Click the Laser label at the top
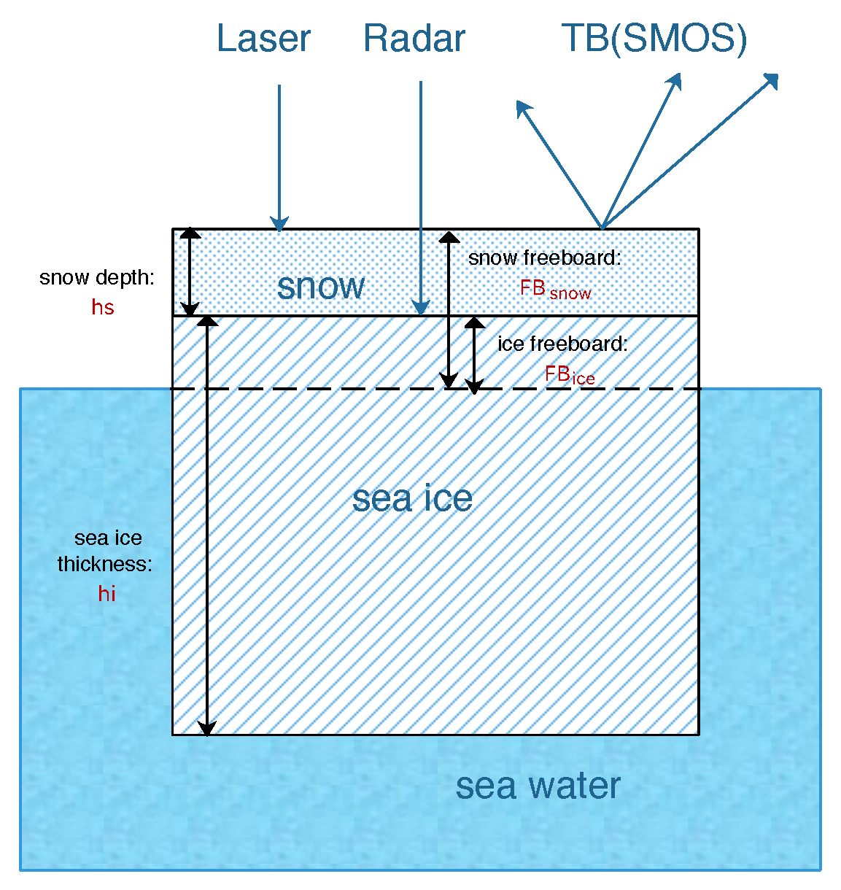coord(263,39)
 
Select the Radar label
coord(414,39)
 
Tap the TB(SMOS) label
coord(654,39)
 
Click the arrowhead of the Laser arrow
coord(279,223)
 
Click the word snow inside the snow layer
coord(321,285)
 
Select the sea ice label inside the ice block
coord(412,498)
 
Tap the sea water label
coord(538,786)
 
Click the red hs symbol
coord(103,307)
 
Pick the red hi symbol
coord(106,594)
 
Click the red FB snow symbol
coord(555,290)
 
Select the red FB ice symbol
coord(570,376)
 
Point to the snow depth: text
coord(97,277)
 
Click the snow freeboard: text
coord(544,258)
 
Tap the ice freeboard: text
coord(562,344)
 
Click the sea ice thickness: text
coord(106,551)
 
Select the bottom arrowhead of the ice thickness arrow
coord(207,729)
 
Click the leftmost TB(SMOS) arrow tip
coord(519,104)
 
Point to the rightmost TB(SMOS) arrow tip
coord(775,77)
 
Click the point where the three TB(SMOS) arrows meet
coord(602,228)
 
